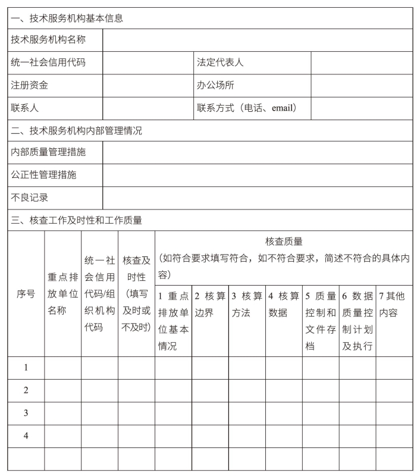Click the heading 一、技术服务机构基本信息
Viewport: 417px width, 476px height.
coord(67,18)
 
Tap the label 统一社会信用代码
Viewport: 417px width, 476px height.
coord(48,62)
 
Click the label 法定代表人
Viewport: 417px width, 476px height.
coord(220,62)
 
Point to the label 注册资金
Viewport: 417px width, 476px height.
coord(30,85)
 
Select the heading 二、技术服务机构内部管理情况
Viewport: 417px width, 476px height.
coord(77,131)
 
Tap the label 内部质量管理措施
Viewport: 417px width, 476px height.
coord(48,152)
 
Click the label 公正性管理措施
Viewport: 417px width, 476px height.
coord(43,175)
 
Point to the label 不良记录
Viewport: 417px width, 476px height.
coord(30,198)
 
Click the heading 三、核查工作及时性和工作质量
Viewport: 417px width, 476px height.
coord(77,220)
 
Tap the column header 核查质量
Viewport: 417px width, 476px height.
coord(284,242)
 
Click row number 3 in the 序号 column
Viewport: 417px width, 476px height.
coord(26,413)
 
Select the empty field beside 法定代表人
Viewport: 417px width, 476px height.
coord(361,62)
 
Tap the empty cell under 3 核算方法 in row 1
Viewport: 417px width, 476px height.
coord(247,368)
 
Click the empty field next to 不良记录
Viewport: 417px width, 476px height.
coord(257,198)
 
